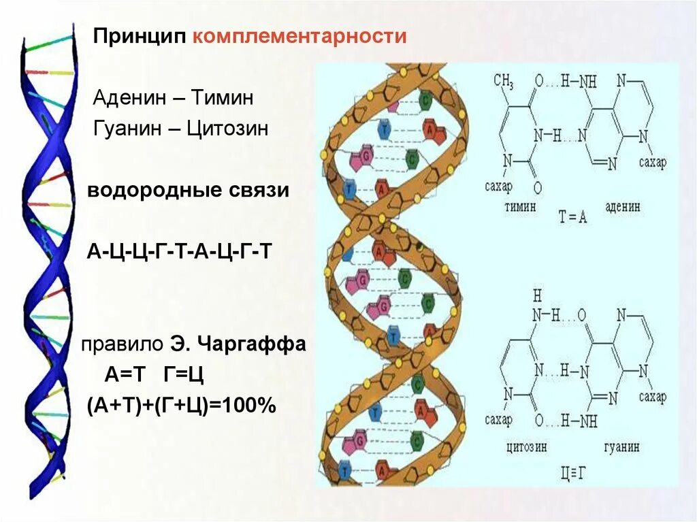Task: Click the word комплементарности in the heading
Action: (299, 36)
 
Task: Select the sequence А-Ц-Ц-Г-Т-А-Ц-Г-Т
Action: (180, 251)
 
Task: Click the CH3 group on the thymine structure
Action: (503, 82)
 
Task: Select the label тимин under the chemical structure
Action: (521, 206)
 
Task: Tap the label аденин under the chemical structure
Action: (621, 206)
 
